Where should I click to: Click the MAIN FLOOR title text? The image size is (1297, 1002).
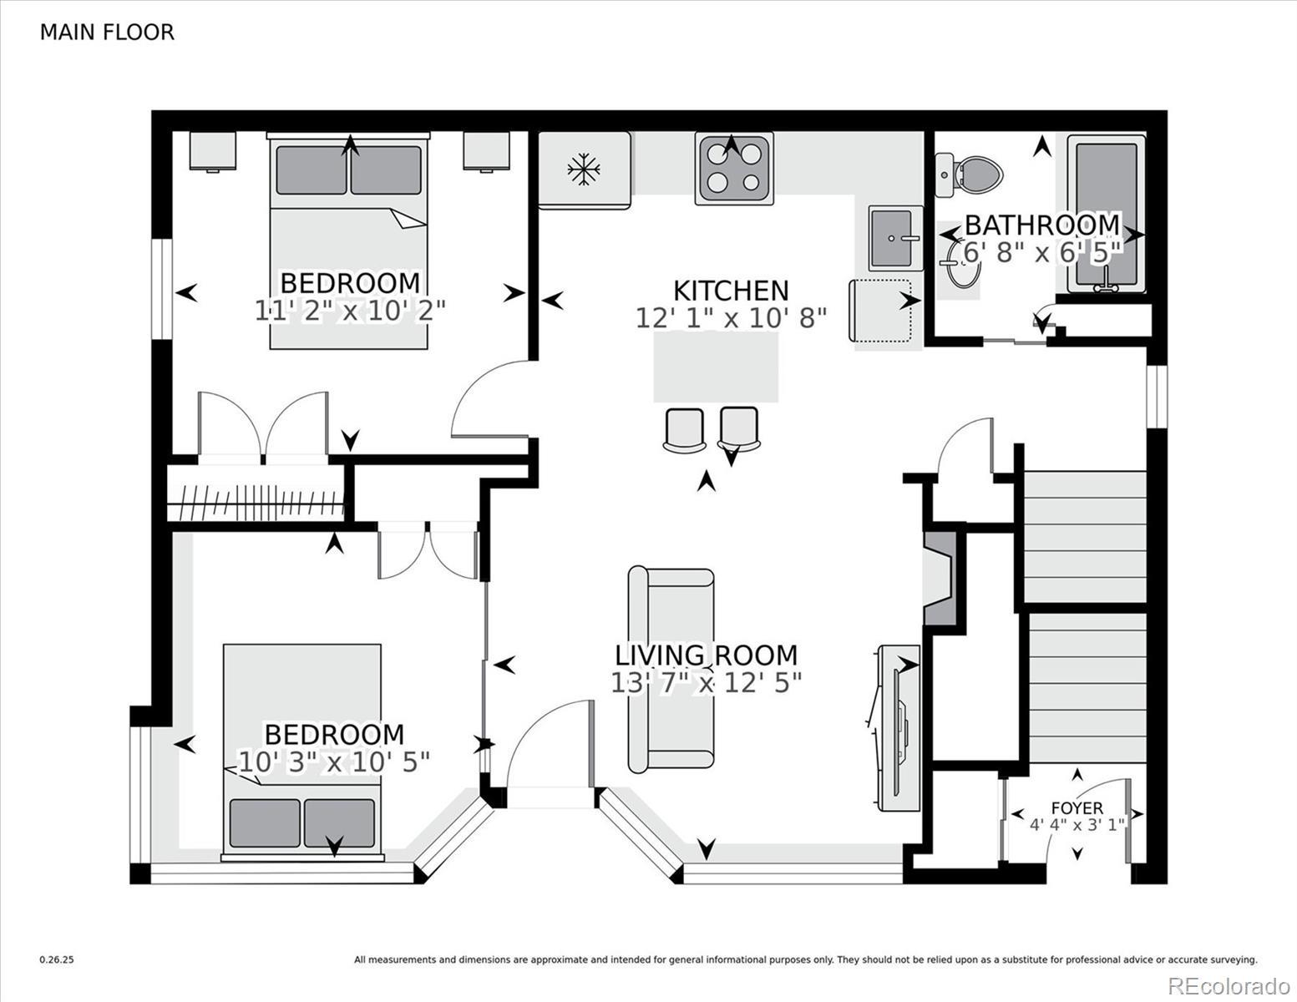tap(107, 33)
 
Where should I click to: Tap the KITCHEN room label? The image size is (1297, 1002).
tap(731, 291)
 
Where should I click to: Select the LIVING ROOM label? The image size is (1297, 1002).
tap(706, 655)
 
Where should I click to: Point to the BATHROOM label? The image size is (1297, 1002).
tap(1042, 225)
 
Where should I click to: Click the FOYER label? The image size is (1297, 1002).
tap(1077, 808)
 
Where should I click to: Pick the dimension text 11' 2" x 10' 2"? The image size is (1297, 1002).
tap(351, 311)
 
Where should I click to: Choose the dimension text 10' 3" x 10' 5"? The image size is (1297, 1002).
tap(334, 762)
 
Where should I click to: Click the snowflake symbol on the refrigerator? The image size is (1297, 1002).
tap(583, 169)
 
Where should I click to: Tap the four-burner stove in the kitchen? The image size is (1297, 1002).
tap(733, 169)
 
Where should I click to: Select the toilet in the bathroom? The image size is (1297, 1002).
tap(968, 175)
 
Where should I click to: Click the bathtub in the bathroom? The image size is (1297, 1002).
tap(1107, 213)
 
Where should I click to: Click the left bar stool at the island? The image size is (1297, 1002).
tap(683, 430)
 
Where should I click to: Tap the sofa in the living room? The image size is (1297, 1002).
tap(671, 669)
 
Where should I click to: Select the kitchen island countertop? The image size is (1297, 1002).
tap(716, 367)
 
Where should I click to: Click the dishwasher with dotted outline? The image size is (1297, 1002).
tap(880, 311)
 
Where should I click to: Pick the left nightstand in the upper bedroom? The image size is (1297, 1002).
tap(212, 151)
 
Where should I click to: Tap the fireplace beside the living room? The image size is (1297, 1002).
tap(940, 578)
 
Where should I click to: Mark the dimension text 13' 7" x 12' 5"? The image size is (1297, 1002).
tap(706, 682)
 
